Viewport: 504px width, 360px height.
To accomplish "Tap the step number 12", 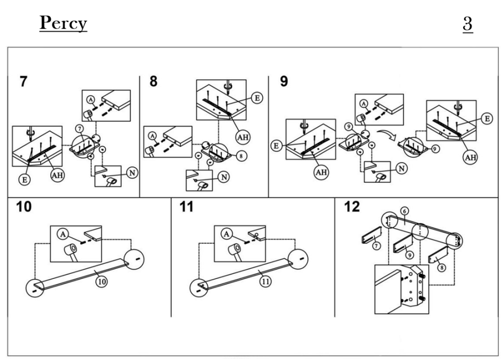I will pos(352,208).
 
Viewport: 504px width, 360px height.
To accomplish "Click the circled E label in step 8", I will pos(257,98).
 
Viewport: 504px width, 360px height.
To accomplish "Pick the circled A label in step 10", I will pos(62,234).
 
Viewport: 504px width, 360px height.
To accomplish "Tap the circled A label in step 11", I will pos(228,234).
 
